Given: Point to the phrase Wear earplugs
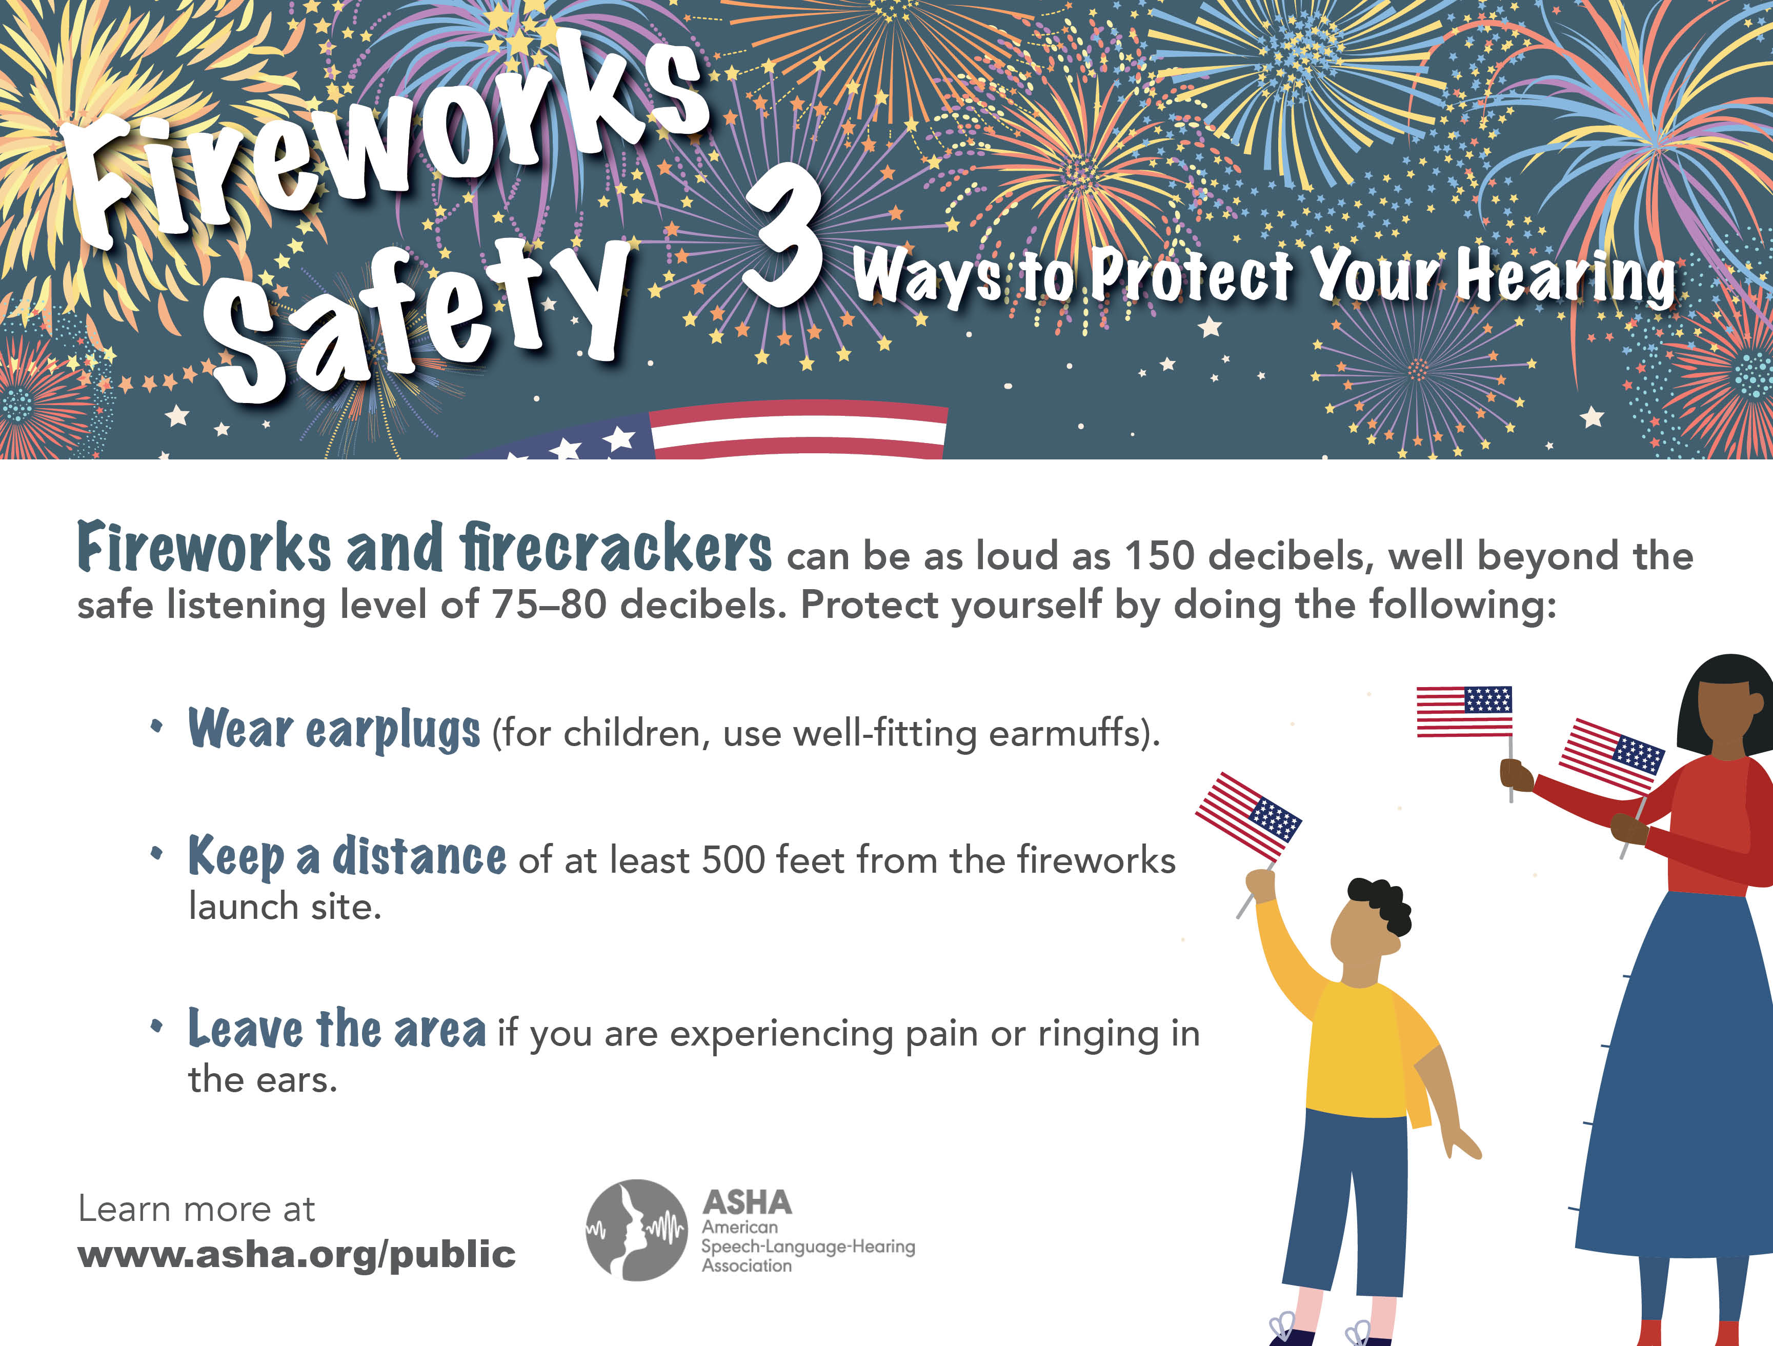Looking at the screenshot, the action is point(334,730).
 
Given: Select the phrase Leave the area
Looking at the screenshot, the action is point(337,1029).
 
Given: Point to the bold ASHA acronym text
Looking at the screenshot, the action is point(747,1202).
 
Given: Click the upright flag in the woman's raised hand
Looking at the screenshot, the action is point(1464,711).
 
